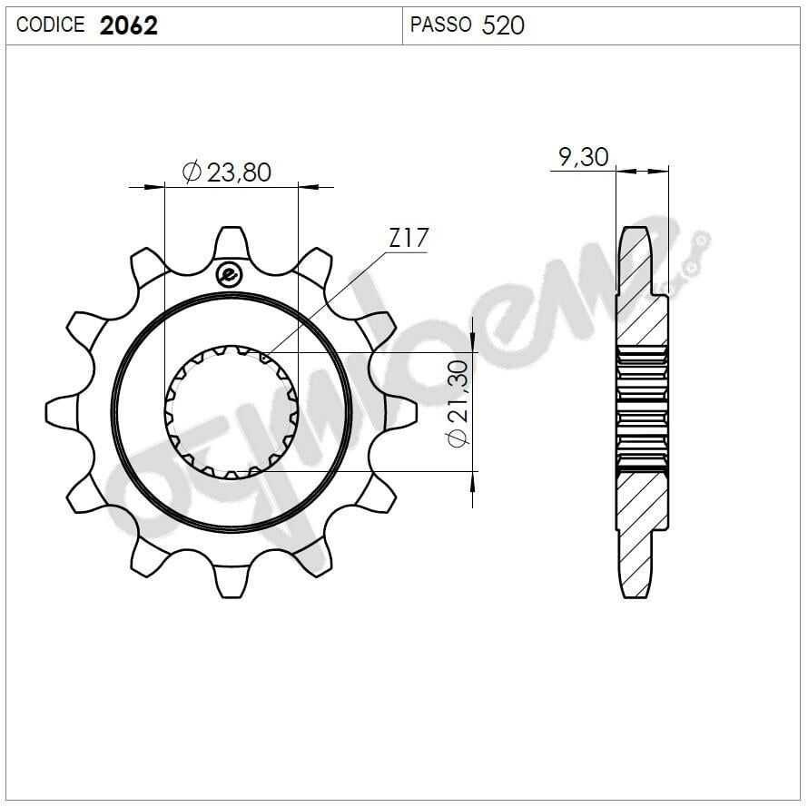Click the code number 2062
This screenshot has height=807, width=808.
tap(129, 25)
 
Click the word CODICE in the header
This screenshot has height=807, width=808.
tap(51, 25)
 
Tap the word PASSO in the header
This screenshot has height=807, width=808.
tap(440, 25)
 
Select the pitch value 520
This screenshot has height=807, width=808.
tap(503, 25)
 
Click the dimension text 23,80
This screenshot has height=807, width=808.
tap(239, 172)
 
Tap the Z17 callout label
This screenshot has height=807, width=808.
tap(408, 239)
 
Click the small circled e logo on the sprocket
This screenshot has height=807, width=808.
tap(228, 273)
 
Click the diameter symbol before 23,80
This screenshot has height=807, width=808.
tap(192, 172)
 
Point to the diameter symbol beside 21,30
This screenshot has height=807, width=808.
tap(458, 437)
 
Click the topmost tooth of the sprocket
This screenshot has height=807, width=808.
tap(232, 243)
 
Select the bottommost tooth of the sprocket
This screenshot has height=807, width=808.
tap(232, 581)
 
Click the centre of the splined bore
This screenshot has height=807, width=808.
tap(232, 411)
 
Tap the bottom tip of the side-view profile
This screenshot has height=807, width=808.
tap(635, 595)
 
